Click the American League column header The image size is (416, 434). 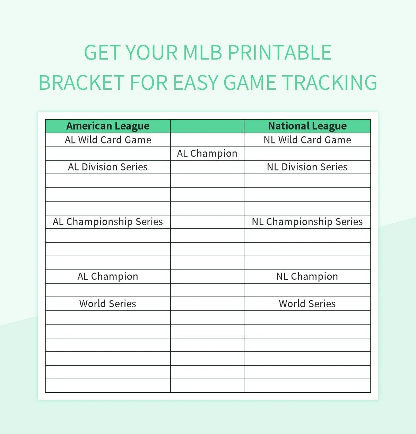point(108,126)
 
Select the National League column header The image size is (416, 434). point(307,126)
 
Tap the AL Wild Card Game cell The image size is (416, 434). point(108,140)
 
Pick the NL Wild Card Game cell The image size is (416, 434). point(307,140)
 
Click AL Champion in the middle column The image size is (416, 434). point(207,153)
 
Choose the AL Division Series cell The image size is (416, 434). point(108,167)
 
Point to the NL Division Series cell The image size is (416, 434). point(307,167)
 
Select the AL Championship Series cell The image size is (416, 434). point(108,222)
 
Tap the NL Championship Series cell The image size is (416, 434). point(307,222)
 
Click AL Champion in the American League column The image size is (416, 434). point(108,276)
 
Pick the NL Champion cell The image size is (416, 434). point(307,276)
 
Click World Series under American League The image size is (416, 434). point(108,304)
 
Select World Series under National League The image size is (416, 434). point(307,304)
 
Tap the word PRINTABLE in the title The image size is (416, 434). point(279,53)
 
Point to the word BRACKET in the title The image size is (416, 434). point(81,83)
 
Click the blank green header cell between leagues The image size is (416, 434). point(207,126)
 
